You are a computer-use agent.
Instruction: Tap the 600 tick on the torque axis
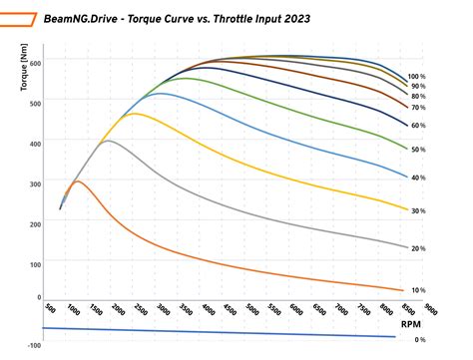(36, 62)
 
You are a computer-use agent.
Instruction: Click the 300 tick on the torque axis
(36, 182)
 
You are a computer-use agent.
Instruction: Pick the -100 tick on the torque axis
(35, 345)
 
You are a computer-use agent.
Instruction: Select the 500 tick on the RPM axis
(51, 311)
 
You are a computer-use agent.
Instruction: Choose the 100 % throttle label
(417, 77)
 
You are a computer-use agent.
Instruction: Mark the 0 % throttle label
(420, 340)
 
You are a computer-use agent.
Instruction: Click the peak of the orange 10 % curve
(77, 181)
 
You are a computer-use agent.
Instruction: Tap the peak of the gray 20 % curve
(108, 141)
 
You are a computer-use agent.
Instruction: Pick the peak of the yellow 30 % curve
(134, 114)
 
